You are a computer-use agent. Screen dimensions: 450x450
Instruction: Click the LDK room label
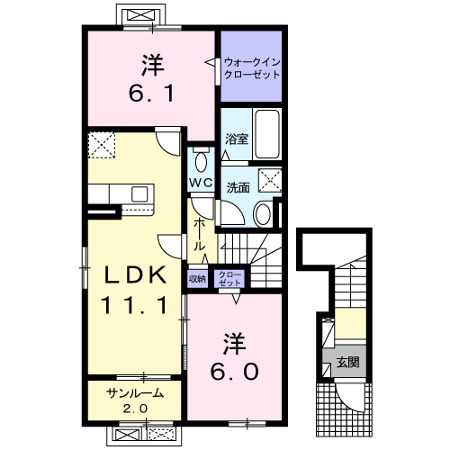tap(135, 274)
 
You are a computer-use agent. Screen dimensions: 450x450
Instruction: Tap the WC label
tap(201, 182)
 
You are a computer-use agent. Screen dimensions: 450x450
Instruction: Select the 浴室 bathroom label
tap(237, 139)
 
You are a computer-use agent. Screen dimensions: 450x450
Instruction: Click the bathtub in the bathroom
tap(267, 134)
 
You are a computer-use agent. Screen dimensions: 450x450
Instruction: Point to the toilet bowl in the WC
tap(201, 162)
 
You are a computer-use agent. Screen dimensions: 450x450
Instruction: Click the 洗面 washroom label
tap(238, 187)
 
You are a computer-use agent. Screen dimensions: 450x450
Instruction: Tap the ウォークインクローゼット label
tap(252, 68)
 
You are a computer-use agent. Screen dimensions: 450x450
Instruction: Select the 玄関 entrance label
tap(347, 363)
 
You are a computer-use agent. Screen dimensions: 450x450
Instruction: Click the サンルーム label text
tap(135, 393)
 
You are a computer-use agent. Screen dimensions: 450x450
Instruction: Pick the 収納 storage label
tap(197, 279)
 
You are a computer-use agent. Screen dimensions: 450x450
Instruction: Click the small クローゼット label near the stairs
tap(229, 279)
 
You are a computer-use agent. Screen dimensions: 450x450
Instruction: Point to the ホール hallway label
tap(200, 235)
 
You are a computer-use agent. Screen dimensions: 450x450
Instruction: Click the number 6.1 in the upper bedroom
tap(151, 93)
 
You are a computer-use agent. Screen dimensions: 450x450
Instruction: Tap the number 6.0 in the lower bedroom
tap(234, 372)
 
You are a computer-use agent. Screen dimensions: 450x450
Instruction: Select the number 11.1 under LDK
tap(134, 305)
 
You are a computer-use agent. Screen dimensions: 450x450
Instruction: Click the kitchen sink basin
tap(139, 194)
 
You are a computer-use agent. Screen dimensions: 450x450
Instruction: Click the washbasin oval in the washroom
tap(263, 214)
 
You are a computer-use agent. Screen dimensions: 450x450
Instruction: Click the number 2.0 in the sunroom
tap(135, 409)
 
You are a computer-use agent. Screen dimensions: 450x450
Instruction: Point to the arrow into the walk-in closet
tap(210, 62)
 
